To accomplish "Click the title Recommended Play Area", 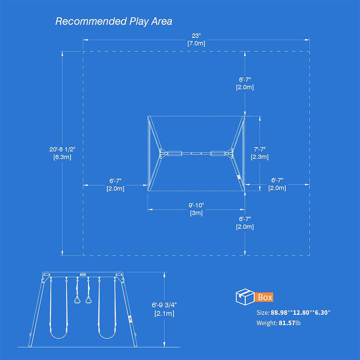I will (x=114, y=21).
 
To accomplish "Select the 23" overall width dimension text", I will (x=196, y=36).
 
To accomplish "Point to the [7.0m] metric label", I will (x=196, y=44).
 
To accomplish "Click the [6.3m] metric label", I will (x=62, y=157).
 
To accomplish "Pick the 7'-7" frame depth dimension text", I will (x=260, y=149).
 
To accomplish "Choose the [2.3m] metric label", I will (x=260, y=157).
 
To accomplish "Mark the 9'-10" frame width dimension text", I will (x=196, y=205).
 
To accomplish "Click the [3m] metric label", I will (x=196, y=213).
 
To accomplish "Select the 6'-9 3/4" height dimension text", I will (x=164, y=306).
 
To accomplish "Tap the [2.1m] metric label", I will (x=164, y=313).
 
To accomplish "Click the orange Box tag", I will (x=265, y=297).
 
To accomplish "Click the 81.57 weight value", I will (x=287, y=323).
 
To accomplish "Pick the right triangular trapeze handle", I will (x=88, y=300).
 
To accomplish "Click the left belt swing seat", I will (x=59, y=336).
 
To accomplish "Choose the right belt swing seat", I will (x=106, y=336).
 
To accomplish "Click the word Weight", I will (x=266, y=323).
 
